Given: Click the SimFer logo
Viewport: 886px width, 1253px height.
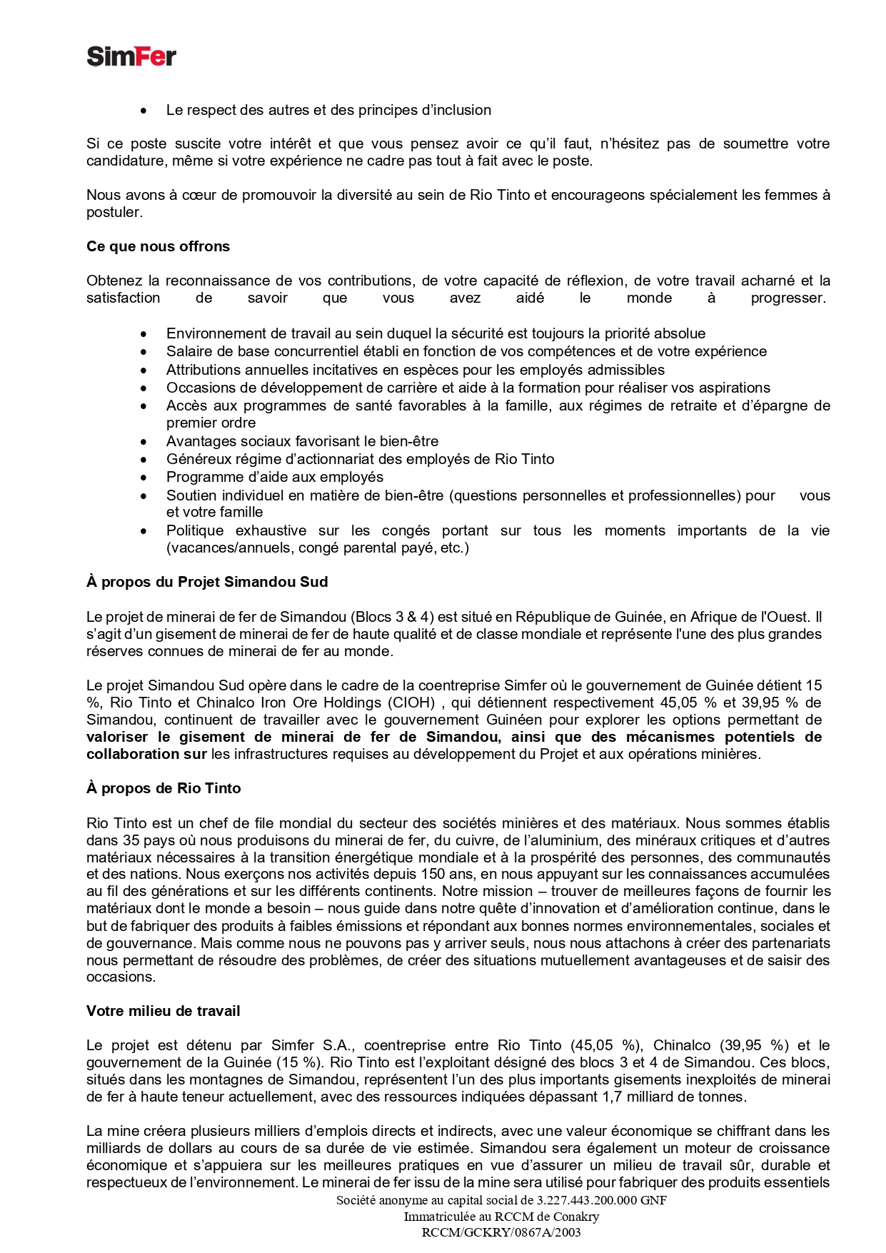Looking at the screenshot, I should tap(131, 56).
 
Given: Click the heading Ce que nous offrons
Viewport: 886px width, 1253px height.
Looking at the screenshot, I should tap(158, 246).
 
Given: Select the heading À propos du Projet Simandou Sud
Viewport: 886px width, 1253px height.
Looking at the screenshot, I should tap(207, 582).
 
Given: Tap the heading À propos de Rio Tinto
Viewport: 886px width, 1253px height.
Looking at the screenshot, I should tap(163, 788).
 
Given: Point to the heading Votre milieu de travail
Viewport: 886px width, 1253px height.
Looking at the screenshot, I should tap(163, 1011).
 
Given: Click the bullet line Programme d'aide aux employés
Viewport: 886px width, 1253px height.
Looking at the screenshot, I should tap(275, 477).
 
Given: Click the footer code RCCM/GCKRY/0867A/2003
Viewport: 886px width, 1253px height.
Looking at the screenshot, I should tap(501, 1232).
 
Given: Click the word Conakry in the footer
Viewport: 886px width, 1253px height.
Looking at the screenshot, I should tap(574, 1217).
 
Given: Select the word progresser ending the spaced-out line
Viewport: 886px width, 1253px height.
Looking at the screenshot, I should tap(788, 298).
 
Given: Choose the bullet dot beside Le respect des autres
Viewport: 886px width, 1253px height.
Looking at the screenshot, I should tap(144, 111).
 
